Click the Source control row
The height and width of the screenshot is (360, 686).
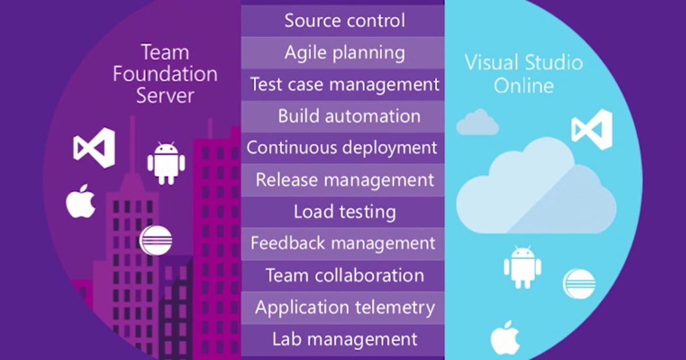(x=344, y=20)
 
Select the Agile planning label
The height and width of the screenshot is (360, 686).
(x=344, y=52)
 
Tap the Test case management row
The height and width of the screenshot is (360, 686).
(x=344, y=84)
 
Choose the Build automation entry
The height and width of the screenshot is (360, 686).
(x=349, y=117)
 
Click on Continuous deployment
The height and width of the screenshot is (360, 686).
(x=342, y=148)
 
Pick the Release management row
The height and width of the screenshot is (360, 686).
(x=344, y=180)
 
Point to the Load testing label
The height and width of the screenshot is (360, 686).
(x=344, y=212)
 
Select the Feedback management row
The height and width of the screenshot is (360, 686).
(x=342, y=243)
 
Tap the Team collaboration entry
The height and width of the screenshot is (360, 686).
(x=344, y=276)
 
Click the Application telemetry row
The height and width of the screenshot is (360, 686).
(x=344, y=307)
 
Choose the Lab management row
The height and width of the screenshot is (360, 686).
(x=344, y=339)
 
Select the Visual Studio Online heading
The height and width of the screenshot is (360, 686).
(x=523, y=74)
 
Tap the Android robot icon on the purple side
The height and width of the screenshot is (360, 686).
(x=166, y=163)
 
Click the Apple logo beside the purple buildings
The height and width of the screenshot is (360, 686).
(x=81, y=202)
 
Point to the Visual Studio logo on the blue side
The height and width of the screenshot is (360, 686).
(x=592, y=129)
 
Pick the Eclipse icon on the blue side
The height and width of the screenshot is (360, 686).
(x=579, y=283)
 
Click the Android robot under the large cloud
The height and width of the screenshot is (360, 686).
(x=522, y=266)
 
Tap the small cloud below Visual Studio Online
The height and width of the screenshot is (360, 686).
(x=477, y=123)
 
